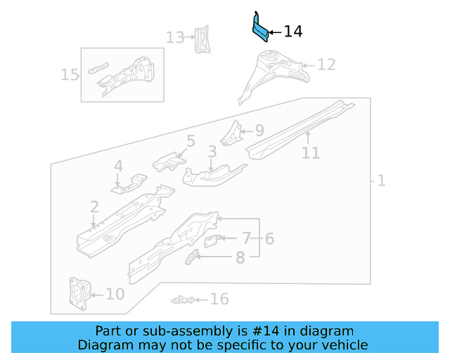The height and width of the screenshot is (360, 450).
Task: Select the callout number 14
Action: click(x=293, y=32)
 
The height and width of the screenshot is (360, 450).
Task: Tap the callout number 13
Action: click(x=175, y=37)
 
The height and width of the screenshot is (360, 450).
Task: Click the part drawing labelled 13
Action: click(x=202, y=39)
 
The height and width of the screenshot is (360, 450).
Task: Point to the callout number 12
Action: click(x=326, y=65)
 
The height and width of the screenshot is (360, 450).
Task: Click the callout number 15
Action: click(x=70, y=75)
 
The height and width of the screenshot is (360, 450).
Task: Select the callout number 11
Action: click(x=311, y=153)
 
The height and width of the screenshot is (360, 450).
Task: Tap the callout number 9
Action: click(x=259, y=130)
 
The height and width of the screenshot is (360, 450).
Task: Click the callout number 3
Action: click(x=212, y=152)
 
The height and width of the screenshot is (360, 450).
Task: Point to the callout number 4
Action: click(x=118, y=167)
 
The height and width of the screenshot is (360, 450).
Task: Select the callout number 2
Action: click(x=94, y=206)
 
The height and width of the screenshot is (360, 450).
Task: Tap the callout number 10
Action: click(x=115, y=294)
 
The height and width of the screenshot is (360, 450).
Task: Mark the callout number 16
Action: click(x=219, y=300)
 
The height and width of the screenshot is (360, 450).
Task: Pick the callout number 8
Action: click(x=240, y=258)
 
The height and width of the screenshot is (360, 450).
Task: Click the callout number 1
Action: click(x=381, y=181)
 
